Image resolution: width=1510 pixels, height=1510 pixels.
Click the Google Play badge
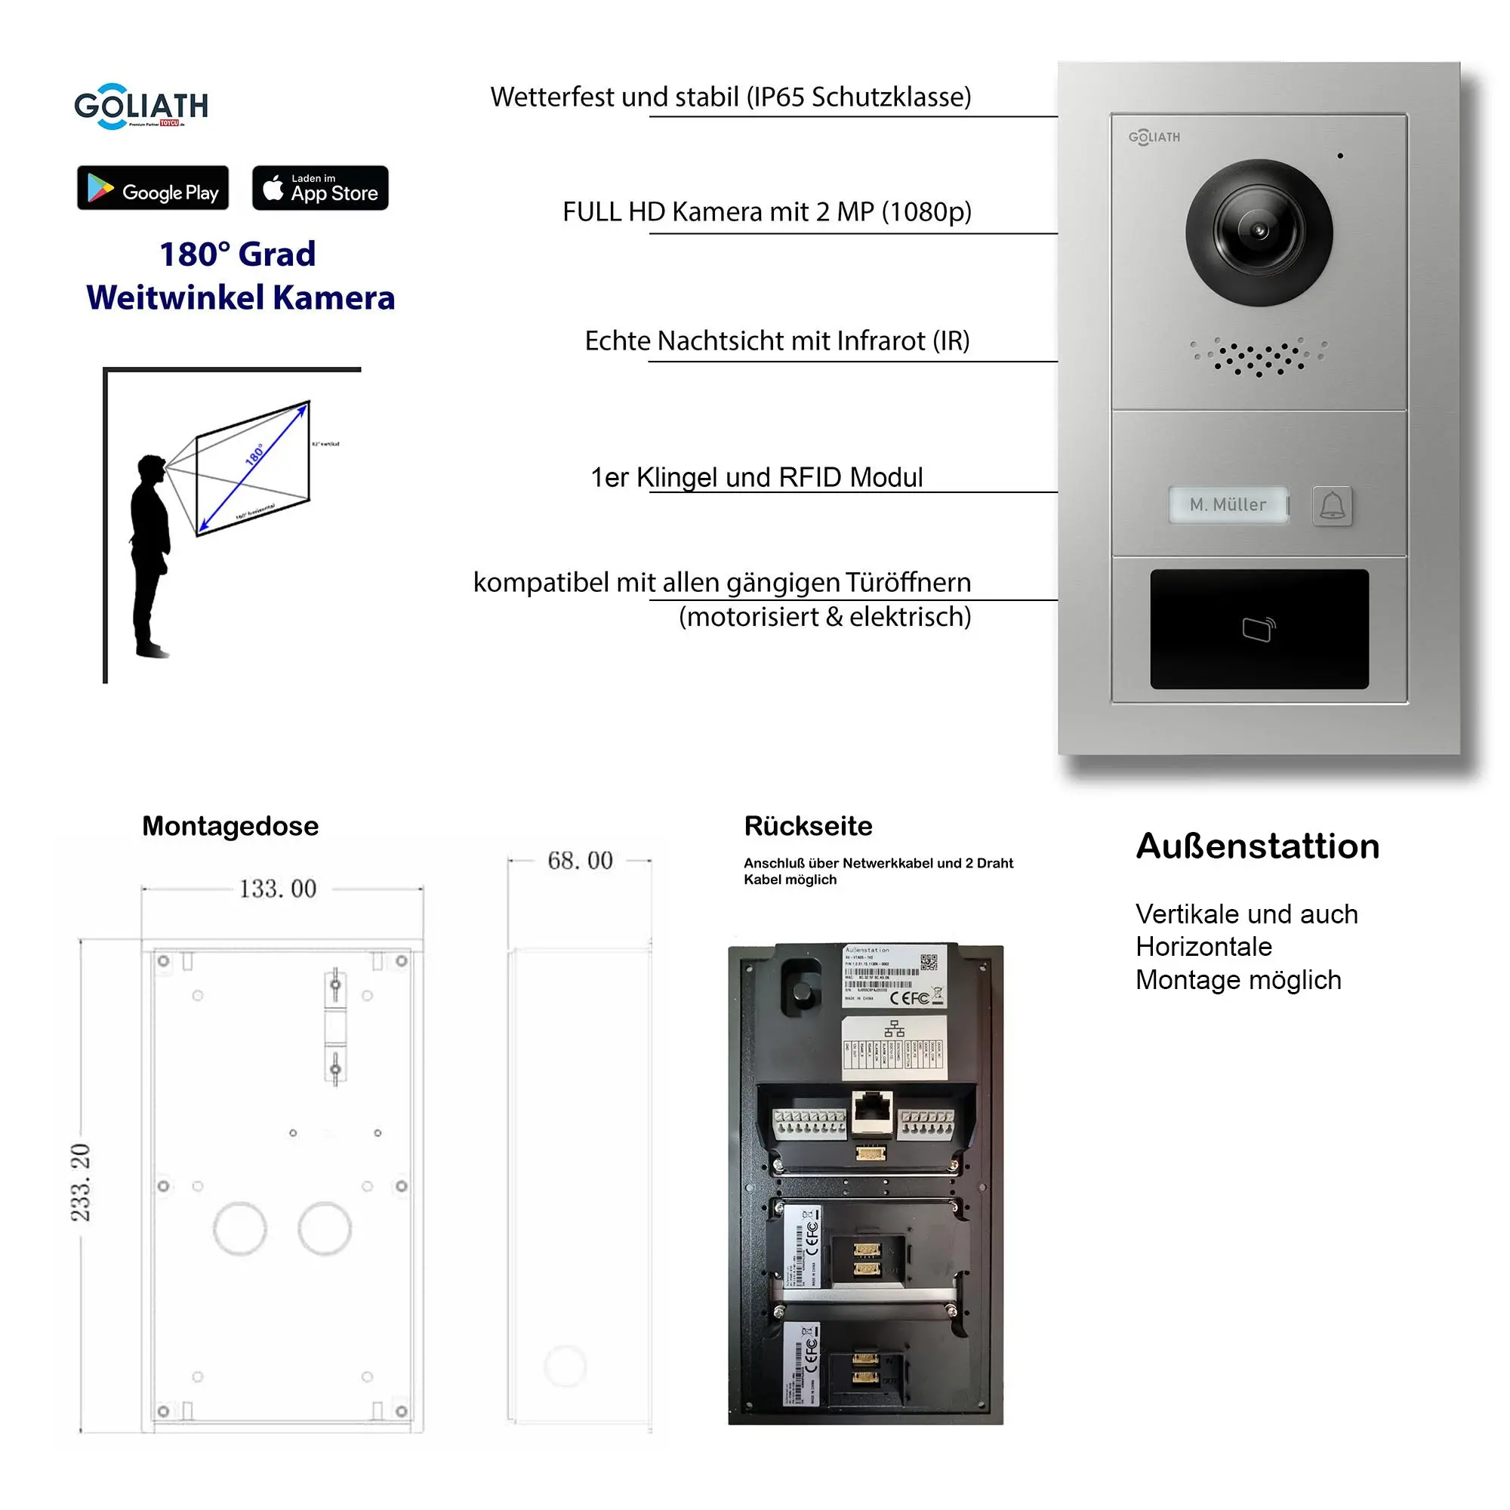coord(153,188)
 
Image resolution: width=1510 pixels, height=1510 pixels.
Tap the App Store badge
coord(319,188)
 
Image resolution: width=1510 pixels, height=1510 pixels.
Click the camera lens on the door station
coord(1259,232)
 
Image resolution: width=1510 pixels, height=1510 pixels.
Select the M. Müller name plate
coord(1228,505)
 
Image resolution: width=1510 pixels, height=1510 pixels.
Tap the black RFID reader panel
coord(1259,629)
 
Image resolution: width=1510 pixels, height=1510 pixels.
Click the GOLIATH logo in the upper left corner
coord(141,106)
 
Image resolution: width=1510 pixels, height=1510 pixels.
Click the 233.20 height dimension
coord(82,1182)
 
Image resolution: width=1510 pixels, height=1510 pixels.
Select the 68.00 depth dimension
coord(579,861)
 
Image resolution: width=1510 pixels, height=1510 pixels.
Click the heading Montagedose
coord(230,826)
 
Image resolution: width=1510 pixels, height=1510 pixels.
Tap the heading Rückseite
coord(807,826)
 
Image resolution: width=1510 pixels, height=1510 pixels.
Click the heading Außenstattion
coord(1258,846)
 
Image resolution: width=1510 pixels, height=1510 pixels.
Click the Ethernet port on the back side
coord(871,1110)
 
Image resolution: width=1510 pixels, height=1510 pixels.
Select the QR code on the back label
coord(929,961)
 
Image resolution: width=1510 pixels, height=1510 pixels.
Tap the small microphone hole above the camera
coord(1339,156)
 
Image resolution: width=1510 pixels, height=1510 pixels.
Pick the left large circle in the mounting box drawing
coord(240,1228)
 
